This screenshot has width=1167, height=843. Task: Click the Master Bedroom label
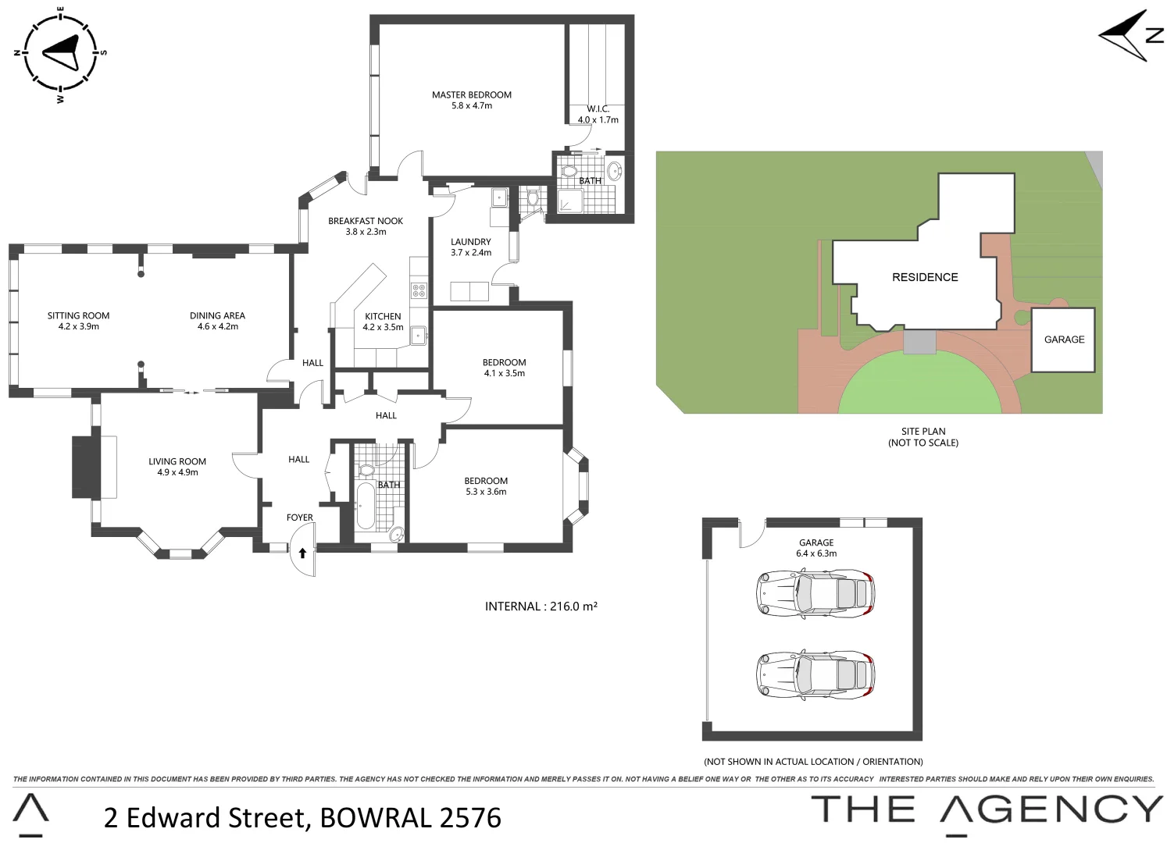(x=472, y=95)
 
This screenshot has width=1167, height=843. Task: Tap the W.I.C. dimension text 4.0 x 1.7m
(x=598, y=120)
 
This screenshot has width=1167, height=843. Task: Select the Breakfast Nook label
(x=366, y=221)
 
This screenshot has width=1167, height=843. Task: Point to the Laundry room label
(x=471, y=242)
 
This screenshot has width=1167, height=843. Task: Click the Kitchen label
(x=383, y=316)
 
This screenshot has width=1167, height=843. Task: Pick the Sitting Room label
(x=78, y=315)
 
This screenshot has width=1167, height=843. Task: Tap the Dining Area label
(x=217, y=315)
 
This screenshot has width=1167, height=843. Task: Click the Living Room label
(x=177, y=461)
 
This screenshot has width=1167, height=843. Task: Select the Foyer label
(x=300, y=518)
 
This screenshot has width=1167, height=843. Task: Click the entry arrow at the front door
(x=302, y=553)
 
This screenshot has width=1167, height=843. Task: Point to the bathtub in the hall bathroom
(x=366, y=506)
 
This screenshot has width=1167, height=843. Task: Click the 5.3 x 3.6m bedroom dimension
(x=486, y=492)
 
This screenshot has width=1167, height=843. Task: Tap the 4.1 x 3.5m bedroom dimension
(x=505, y=373)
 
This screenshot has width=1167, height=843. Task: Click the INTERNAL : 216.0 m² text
(x=541, y=606)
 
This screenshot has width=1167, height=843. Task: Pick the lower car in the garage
(x=815, y=674)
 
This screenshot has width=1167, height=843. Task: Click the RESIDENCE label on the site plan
(x=925, y=277)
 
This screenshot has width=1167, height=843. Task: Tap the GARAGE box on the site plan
(x=1063, y=340)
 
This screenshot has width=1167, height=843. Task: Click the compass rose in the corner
(x=60, y=54)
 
